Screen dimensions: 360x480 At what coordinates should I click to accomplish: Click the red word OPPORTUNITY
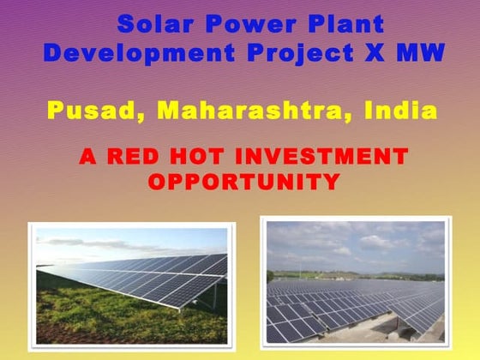pos(243,182)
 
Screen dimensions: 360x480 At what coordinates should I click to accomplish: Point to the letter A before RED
pos(87,157)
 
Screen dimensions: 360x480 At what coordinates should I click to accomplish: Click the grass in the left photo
pos(77,317)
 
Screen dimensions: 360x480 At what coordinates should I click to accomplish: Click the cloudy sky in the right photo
pos(351,244)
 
